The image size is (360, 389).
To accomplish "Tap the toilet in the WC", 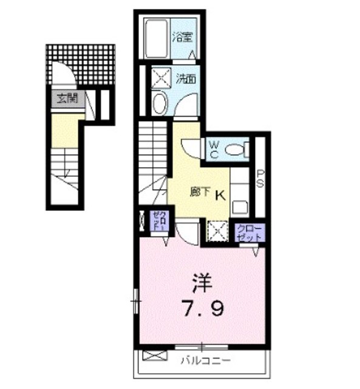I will [x=235, y=148].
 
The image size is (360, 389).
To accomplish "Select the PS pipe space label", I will [x=260, y=179].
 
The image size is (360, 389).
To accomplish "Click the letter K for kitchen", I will [x=220, y=194].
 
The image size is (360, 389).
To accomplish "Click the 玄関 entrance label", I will [x=67, y=98].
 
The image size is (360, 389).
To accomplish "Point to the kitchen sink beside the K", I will [x=240, y=205].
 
